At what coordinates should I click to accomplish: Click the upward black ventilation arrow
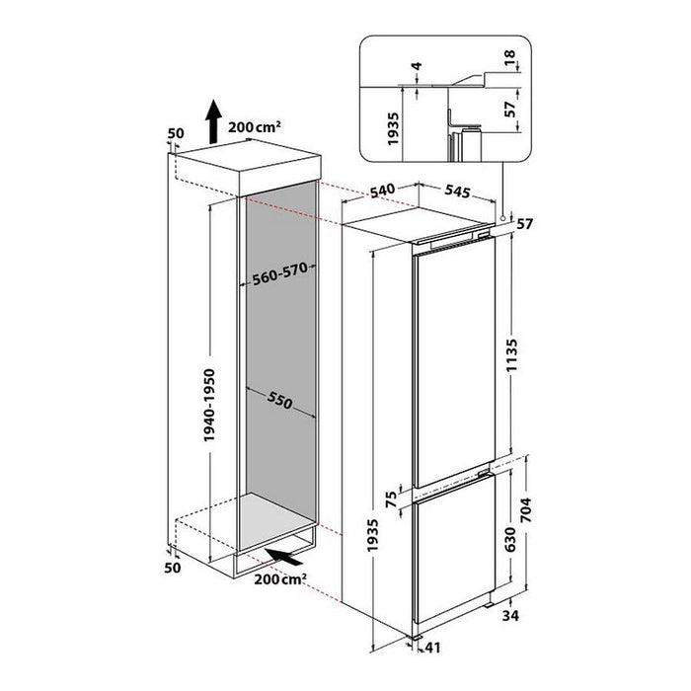[212, 123]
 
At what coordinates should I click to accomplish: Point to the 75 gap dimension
[391, 498]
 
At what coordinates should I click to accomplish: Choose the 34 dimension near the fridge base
[537, 617]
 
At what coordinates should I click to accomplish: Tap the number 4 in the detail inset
[418, 71]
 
